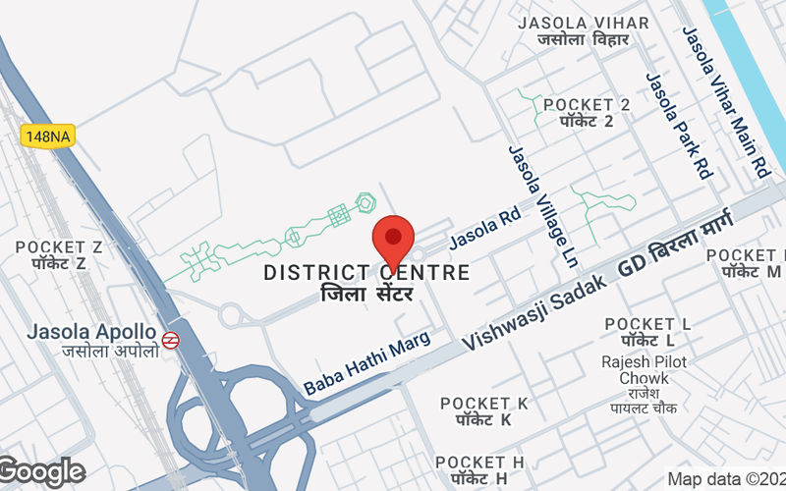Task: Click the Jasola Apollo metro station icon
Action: tap(171, 340)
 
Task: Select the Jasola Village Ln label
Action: tap(541, 206)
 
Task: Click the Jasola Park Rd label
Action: tap(678, 126)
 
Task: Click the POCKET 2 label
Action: tap(587, 113)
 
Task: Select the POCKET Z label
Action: tap(60, 255)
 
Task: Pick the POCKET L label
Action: tap(647, 332)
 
